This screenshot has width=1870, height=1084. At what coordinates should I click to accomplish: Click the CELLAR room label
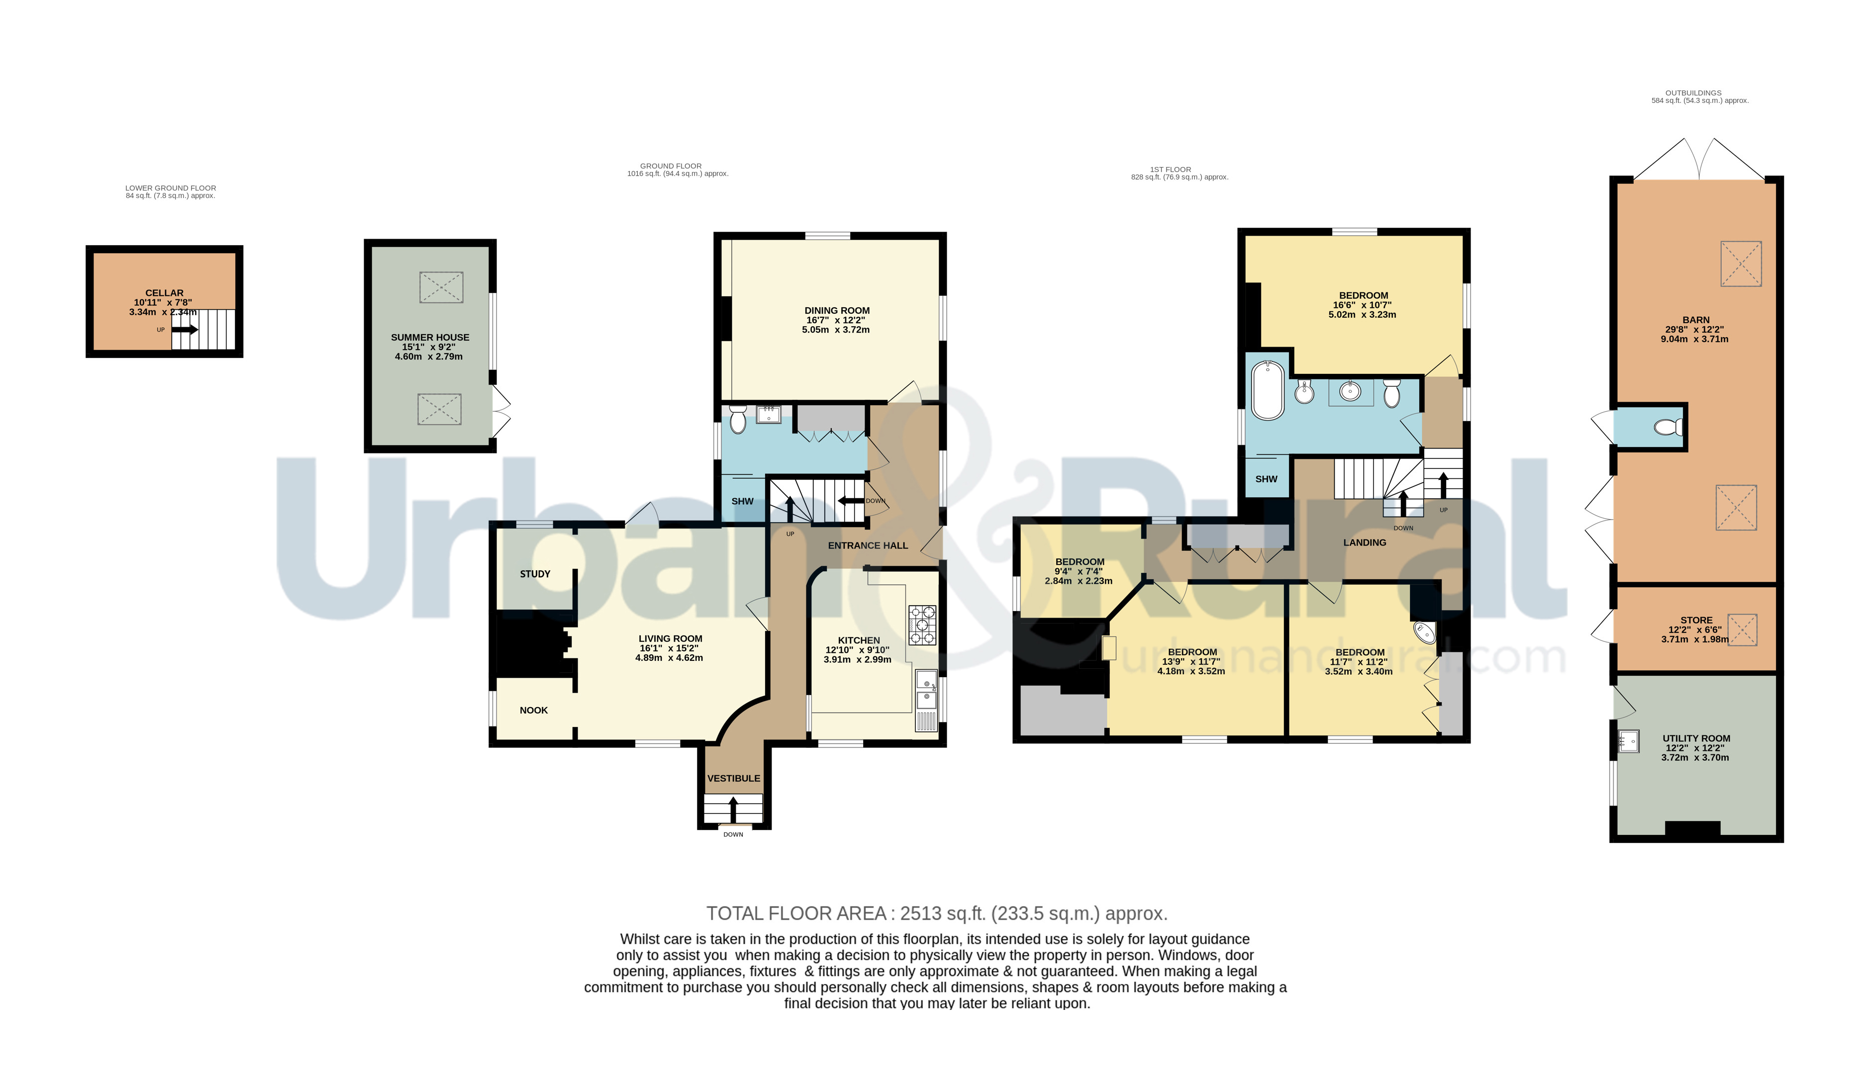[x=164, y=293]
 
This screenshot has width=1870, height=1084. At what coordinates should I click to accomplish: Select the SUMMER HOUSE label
[x=430, y=338]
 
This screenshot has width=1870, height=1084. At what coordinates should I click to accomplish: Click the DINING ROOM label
[x=836, y=311]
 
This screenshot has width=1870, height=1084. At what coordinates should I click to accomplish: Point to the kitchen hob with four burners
[x=922, y=625]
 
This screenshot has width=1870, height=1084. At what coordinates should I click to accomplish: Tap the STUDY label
[x=534, y=574]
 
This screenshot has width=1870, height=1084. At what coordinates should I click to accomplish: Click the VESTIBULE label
[x=733, y=778]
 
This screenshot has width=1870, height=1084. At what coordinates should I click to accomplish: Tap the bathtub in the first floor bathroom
[x=1268, y=391]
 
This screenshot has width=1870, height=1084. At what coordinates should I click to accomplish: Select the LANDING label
[x=1364, y=543]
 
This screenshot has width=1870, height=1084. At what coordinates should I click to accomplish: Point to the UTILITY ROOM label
[x=1695, y=739]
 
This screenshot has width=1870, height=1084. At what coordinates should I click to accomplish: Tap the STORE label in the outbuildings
[x=1696, y=620]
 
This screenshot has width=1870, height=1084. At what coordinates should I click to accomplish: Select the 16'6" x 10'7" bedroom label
[x=1363, y=295]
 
